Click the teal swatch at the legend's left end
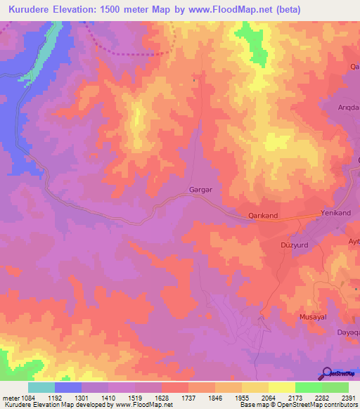tap(41, 387)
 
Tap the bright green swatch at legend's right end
tap(335, 387)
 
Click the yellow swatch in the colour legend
tap(282, 387)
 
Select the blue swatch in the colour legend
tap(68, 387)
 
